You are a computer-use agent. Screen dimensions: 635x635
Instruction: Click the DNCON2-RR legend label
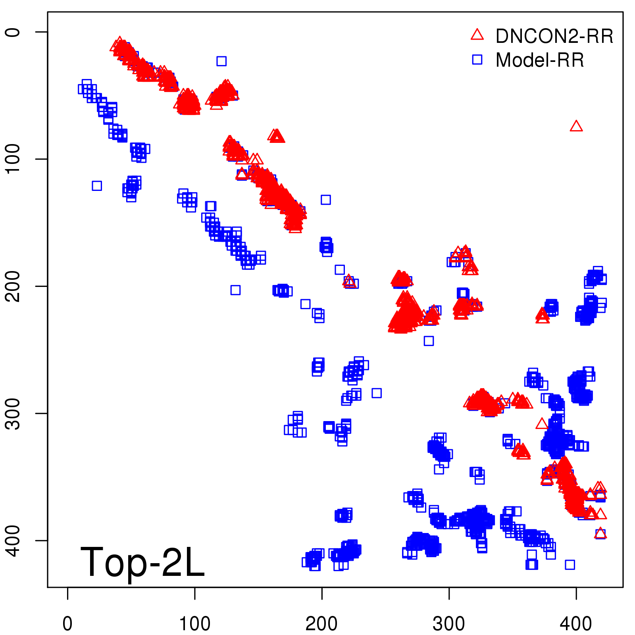coord(554,36)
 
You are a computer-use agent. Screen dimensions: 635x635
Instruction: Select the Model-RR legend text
coord(540,60)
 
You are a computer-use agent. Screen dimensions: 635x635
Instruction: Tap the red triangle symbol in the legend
coord(477,35)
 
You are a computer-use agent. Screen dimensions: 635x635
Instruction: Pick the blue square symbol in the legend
coord(477,60)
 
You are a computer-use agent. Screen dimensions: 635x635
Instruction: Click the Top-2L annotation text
coord(142,562)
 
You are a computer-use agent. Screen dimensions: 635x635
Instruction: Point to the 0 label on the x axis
coord(67,623)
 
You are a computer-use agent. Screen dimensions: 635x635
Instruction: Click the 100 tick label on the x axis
coord(194,623)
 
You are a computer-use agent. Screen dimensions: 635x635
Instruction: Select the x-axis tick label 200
coord(321,623)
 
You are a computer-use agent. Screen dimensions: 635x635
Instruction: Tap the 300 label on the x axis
coord(449,623)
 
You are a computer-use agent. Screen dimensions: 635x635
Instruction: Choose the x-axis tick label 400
coord(576,623)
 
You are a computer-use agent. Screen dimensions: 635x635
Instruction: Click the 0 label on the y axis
coord(13,32)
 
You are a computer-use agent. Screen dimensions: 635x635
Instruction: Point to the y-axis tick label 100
coord(13,159)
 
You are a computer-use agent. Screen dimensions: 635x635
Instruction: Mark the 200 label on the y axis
coord(13,286)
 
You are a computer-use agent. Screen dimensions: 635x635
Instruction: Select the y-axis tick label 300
coord(13,413)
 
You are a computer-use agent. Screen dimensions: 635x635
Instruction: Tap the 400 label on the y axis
coord(13,541)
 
